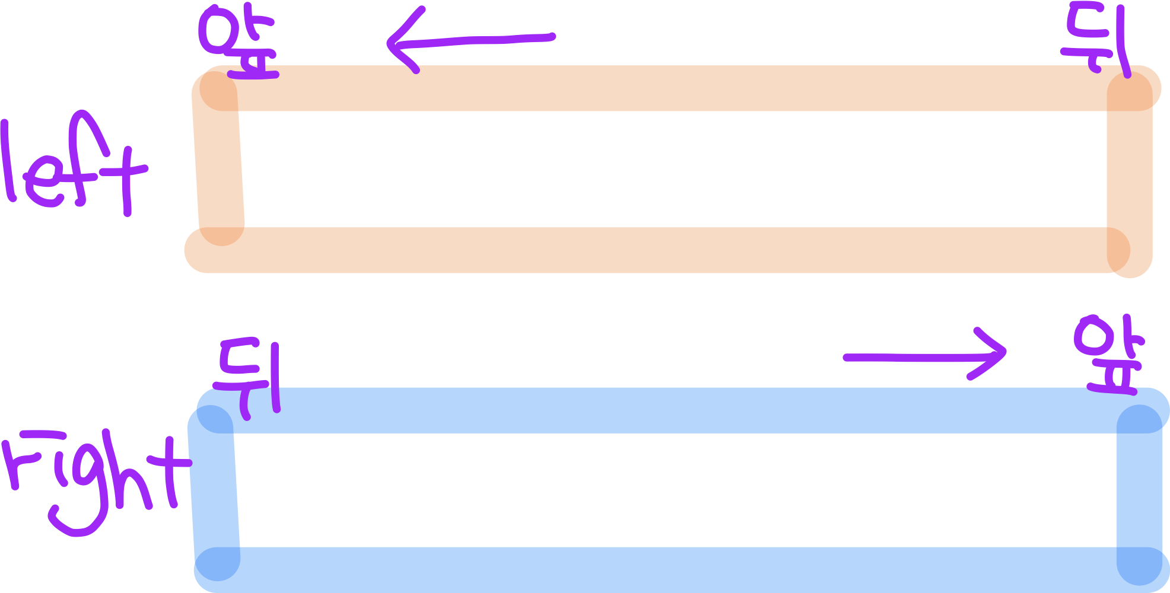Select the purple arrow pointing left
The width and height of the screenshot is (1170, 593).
469,40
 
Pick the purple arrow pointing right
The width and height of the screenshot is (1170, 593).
926,356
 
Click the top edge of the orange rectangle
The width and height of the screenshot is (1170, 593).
670,88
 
